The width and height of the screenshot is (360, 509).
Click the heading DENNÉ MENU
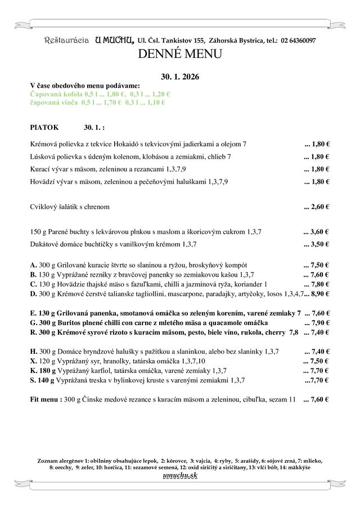179,54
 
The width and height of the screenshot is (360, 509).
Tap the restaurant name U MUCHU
115,40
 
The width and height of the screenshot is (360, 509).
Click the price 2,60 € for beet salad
318,206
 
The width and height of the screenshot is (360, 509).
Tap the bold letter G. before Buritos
33,322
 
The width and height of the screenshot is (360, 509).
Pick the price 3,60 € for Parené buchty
318,231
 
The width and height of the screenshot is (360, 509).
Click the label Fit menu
44,399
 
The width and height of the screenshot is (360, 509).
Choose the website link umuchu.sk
180,476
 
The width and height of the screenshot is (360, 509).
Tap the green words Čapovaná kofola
55,94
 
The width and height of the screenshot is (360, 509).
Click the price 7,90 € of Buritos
318,322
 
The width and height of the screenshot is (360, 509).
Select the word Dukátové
45,244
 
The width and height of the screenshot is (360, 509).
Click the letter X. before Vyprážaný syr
33,361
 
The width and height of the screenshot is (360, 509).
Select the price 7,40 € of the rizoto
318,332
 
